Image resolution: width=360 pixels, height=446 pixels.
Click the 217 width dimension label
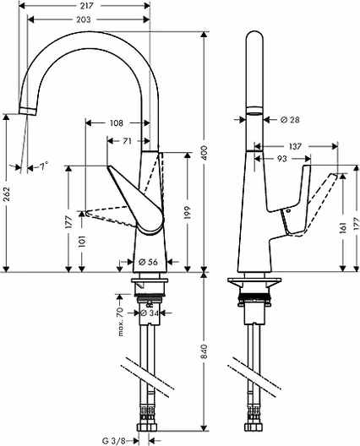tap(87, 6)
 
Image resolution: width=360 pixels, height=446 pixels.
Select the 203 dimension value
tap(84, 19)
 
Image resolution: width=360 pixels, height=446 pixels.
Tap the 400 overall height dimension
tap(204, 152)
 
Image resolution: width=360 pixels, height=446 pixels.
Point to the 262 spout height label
tap(6, 193)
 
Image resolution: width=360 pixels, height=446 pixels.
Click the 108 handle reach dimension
tap(117, 122)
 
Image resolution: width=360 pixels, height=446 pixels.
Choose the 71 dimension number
tap(127, 141)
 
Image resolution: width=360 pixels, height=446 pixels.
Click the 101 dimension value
tap(82, 242)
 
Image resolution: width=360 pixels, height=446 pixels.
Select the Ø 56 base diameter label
tap(148, 262)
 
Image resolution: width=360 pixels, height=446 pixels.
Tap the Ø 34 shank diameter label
tap(150, 313)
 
